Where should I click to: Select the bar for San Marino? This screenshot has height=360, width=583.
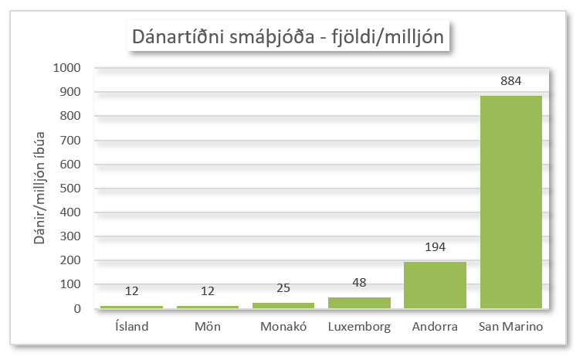(510, 202)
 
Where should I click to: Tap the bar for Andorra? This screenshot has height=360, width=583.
(435, 285)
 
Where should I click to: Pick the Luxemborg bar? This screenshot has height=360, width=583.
(359, 303)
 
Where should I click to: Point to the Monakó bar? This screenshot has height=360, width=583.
(283, 305)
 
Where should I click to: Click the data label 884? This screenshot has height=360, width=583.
(510, 81)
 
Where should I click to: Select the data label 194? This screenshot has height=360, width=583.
(435, 247)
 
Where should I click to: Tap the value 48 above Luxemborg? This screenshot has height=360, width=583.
(359, 283)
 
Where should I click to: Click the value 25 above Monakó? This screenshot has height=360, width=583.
(283, 288)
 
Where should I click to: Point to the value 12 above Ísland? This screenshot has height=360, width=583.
(131, 291)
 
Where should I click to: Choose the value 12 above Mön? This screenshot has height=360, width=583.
(207, 291)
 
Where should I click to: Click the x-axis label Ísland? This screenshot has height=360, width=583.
(130, 327)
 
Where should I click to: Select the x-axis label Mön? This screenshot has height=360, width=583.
(207, 327)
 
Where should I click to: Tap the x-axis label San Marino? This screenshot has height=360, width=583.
(510, 327)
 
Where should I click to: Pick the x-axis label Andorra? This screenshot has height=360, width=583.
(435, 327)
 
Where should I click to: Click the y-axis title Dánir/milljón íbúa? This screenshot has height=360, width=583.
(39, 188)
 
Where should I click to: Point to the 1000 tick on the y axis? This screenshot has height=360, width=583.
(67, 68)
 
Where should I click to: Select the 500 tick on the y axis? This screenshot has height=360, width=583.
(70, 188)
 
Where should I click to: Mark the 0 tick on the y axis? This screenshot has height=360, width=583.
(78, 309)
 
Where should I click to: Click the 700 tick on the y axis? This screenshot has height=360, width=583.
(70, 141)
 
